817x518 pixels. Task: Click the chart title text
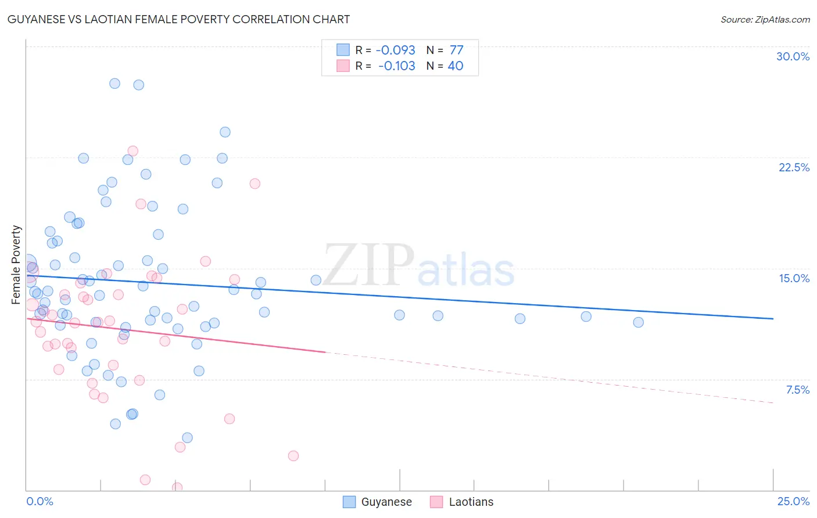click(x=178, y=19)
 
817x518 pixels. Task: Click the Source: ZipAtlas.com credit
click(x=765, y=19)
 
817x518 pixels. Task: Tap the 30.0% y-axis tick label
click(x=793, y=56)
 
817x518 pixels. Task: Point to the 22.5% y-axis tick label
click(x=794, y=167)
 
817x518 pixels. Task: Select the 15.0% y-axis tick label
click(x=794, y=278)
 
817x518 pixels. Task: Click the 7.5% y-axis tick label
click(x=797, y=390)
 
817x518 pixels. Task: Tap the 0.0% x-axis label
click(x=40, y=501)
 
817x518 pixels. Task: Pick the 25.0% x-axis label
click(x=793, y=501)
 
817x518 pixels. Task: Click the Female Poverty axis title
click(x=16, y=265)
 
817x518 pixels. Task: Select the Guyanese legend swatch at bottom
click(x=349, y=502)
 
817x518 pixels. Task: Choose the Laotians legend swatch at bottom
click(x=436, y=502)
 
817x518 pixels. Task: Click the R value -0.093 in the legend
click(x=395, y=50)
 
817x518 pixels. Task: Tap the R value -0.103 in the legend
click(x=396, y=66)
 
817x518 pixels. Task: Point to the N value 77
click(x=456, y=50)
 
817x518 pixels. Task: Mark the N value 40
click(x=456, y=66)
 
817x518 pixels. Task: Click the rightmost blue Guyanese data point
click(x=638, y=322)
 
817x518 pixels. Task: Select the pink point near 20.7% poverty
click(x=255, y=184)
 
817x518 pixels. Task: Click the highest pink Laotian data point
click(x=132, y=151)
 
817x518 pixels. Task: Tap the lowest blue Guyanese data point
click(x=187, y=438)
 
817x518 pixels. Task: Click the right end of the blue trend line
click(x=773, y=319)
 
